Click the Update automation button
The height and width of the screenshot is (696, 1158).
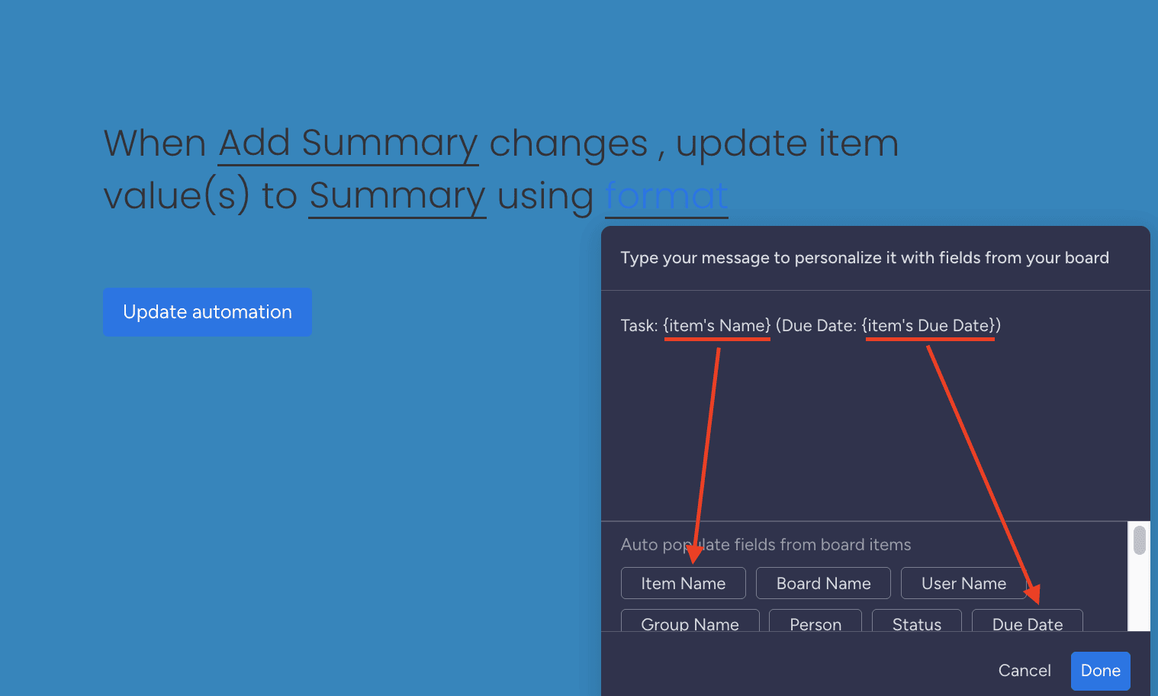click(207, 312)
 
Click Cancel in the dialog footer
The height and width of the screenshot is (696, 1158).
click(1025, 670)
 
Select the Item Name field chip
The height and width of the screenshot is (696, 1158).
click(683, 584)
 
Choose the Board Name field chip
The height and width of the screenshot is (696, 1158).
click(823, 584)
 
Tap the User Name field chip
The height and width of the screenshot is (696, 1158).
click(963, 584)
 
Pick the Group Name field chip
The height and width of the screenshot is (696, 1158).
click(690, 622)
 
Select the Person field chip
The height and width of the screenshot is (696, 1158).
click(815, 622)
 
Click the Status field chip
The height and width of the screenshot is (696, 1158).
click(916, 622)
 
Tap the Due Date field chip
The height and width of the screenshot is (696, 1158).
click(1027, 622)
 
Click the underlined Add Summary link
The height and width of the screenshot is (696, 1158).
click(348, 143)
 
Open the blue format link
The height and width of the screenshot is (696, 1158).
click(666, 196)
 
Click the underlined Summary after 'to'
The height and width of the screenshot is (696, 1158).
click(397, 196)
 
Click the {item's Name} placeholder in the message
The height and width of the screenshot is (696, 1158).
click(717, 326)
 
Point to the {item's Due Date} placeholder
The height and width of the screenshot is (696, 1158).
click(929, 326)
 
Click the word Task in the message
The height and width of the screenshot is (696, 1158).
click(638, 326)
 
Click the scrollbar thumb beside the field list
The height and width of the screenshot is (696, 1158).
click(1140, 540)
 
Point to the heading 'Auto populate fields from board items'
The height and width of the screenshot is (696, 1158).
click(766, 545)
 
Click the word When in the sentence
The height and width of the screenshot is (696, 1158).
click(155, 143)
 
